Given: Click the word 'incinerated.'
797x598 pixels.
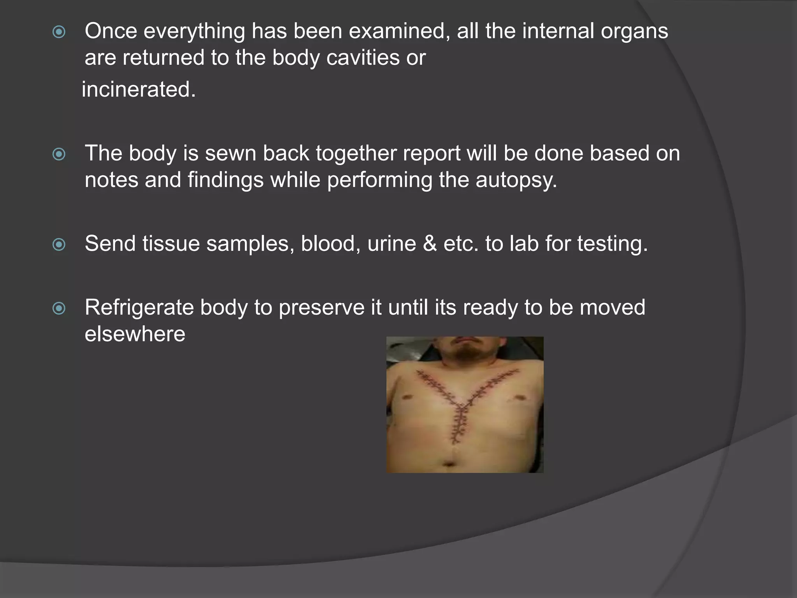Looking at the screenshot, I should (x=139, y=90).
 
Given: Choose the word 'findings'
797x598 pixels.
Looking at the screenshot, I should (x=225, y=180).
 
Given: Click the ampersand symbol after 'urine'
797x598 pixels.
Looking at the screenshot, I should (x=430, y=244).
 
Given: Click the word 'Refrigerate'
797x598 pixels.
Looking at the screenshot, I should (x=139, y=307).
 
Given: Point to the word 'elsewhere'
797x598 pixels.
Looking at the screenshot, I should (x=135, y=334).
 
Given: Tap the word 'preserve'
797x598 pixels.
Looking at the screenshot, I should (x=321, y=307).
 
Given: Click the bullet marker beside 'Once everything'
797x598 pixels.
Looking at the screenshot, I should (x=59, y=32).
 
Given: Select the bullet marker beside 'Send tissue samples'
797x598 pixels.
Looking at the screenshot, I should (x=59, y=244).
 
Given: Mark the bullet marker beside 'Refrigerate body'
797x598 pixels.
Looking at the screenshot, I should (x=59, y=308).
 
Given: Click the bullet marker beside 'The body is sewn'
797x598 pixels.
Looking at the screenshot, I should (x=59, y=154).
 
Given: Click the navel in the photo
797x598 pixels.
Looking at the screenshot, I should (x=449, y=464).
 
